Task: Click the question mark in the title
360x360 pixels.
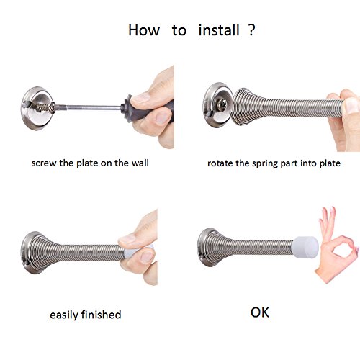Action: pos(251,30)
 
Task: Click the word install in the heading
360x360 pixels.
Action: pos(219,30)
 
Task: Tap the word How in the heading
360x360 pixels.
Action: pos(144,30)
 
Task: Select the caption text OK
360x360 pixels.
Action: pos(260,312)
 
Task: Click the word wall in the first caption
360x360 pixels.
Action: pos(140,163)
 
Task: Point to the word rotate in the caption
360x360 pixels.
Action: pos(220,163)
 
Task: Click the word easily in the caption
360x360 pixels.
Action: pos(64,315)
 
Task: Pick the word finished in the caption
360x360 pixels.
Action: pos(101,315)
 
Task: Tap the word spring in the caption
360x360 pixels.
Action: pos(265,164)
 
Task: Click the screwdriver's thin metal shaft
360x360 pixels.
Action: pos(89,107)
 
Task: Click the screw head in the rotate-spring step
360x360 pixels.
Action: pos(222,104)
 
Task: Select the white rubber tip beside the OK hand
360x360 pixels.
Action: pos(305,248)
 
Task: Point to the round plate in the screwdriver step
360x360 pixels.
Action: pos(37,108)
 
